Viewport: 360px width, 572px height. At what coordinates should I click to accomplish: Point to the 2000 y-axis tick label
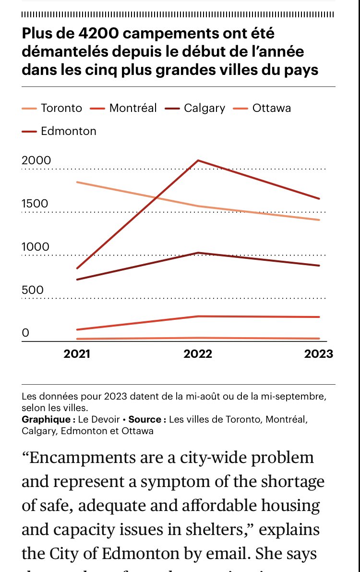pos(36,160)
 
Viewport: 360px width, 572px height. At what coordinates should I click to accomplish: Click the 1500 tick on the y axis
pos(35,204)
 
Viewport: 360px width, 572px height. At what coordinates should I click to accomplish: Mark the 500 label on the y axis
pos(32,290)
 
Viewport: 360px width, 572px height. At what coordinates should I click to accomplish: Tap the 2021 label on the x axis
pos(77,354)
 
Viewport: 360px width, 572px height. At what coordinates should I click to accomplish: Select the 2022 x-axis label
pos(198,354)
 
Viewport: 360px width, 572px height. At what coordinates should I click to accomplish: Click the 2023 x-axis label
pos(319,354)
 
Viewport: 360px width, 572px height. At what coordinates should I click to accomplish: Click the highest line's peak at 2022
pos(198,160)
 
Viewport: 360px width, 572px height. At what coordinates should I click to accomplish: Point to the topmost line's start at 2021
pos(77,182)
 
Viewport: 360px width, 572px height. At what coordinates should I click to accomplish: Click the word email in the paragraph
pos(244,554)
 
